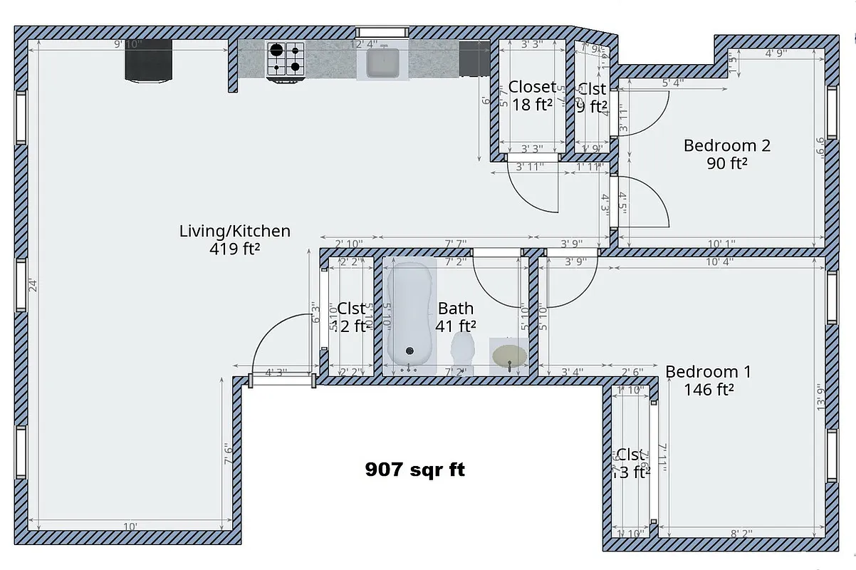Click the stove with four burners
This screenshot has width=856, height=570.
point(285,59)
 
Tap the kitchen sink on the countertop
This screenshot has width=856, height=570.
point(382,62)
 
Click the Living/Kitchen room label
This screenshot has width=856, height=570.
point(234,231)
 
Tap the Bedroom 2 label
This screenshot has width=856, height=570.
point(726,145)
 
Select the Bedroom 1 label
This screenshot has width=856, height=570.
point(708,371)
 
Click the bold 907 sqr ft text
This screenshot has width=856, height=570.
point(415,470)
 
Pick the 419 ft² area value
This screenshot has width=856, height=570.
point(234,249)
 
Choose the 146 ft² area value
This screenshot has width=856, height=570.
point(709,389)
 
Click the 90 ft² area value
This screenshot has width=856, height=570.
point(726,163)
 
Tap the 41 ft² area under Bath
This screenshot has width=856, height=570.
point(456,326)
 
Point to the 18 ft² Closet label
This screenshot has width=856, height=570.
point(533,105)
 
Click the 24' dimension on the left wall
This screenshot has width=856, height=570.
point(31,286)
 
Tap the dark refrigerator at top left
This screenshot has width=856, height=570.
point(149,61)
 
